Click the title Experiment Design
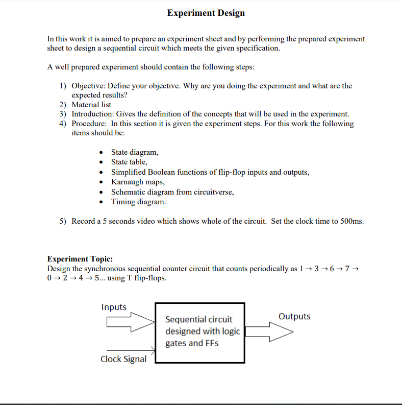pos(206,13)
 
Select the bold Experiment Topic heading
pos(80,259)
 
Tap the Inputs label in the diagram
pos(114,307)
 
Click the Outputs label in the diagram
pos(294,316)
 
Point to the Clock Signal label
pos(123,359)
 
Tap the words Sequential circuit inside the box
pos(198,319)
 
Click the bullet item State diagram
pos(135,152)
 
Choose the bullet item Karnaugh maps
pos(138,182)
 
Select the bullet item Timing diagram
pos(138,202)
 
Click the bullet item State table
pos(129,162)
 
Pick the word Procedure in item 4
pos(89,124)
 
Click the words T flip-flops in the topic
pos(148,278)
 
